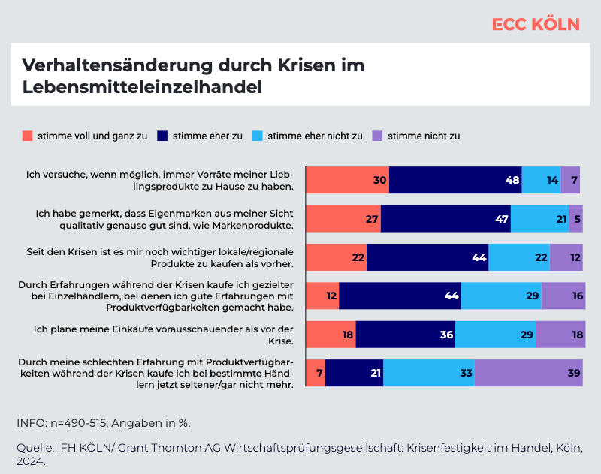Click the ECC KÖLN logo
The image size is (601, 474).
536,24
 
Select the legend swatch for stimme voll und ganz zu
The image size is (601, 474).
28,136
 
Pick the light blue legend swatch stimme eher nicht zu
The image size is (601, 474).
258,136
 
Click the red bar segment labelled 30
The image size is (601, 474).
347,180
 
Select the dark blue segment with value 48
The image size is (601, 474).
455,180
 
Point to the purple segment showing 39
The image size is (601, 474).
528,373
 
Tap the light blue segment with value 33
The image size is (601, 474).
428,373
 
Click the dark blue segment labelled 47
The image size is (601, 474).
445,218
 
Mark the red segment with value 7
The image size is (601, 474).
316,373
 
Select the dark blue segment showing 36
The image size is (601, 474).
405,334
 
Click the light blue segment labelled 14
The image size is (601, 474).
541,180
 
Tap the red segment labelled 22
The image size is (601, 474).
336,257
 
